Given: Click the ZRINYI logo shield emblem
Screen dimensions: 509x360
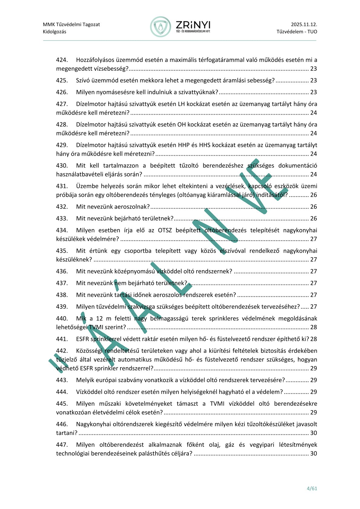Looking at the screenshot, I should coord(161,27).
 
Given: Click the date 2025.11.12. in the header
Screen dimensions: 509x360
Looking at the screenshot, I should coord(304,24).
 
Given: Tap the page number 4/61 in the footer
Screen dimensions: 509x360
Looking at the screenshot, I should coord(312,488).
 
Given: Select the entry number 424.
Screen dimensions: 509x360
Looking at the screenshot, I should coord(62,60).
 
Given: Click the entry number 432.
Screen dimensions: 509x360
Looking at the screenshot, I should coord(62,207).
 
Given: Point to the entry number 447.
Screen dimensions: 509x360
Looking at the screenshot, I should coord(62,445).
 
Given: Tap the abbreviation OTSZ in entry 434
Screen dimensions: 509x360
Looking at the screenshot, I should coord(165,230).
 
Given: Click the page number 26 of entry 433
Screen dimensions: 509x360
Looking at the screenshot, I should coord(313,219).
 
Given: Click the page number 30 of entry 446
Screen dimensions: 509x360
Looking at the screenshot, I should coord(313,433).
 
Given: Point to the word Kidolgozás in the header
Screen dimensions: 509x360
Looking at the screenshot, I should coord(54,32).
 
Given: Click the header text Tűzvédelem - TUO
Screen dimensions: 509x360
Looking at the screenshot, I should coord(297,32).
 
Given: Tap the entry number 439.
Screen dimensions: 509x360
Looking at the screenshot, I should coord(62,307).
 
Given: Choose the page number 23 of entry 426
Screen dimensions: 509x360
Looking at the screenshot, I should coord(313,92).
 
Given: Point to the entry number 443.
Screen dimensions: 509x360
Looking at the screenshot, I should coord(62,380).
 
